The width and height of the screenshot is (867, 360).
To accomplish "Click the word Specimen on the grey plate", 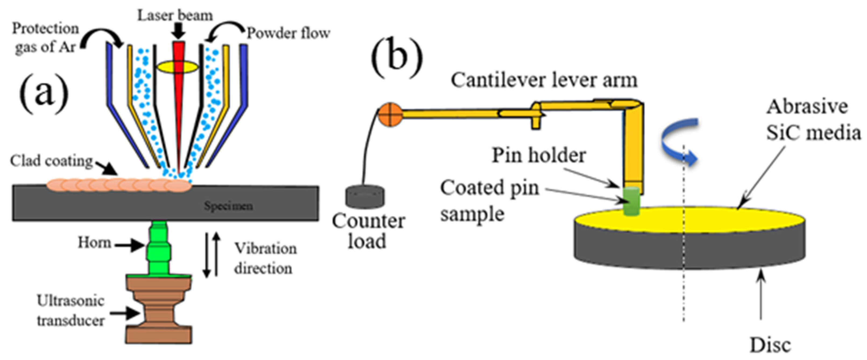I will pos(228,206).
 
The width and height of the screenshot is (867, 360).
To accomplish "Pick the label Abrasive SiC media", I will pos(813,120).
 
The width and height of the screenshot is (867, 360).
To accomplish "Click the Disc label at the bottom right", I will pos(770,345).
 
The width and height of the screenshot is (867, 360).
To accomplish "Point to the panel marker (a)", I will pos(44,93).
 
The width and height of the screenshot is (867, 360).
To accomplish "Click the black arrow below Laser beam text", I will pos(178,32).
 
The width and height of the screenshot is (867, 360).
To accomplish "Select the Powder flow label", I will pos(288,33).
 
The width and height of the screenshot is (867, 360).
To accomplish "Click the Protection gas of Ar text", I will pos(45,38).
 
